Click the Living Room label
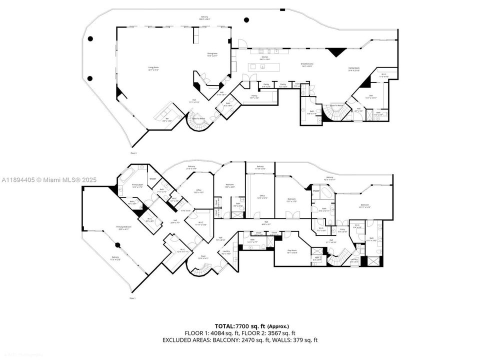(x=153, y=69)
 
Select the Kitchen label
(x=265, y=64)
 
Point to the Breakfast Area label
(x=306, y=64)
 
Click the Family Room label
(x=354, y=68)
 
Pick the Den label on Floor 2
(x=370, y=97)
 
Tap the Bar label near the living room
(x=166, y=119)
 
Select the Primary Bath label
(x=138, y=185)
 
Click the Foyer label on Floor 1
(x=203, y=257)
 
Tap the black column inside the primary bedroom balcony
(x=118, y=244)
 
